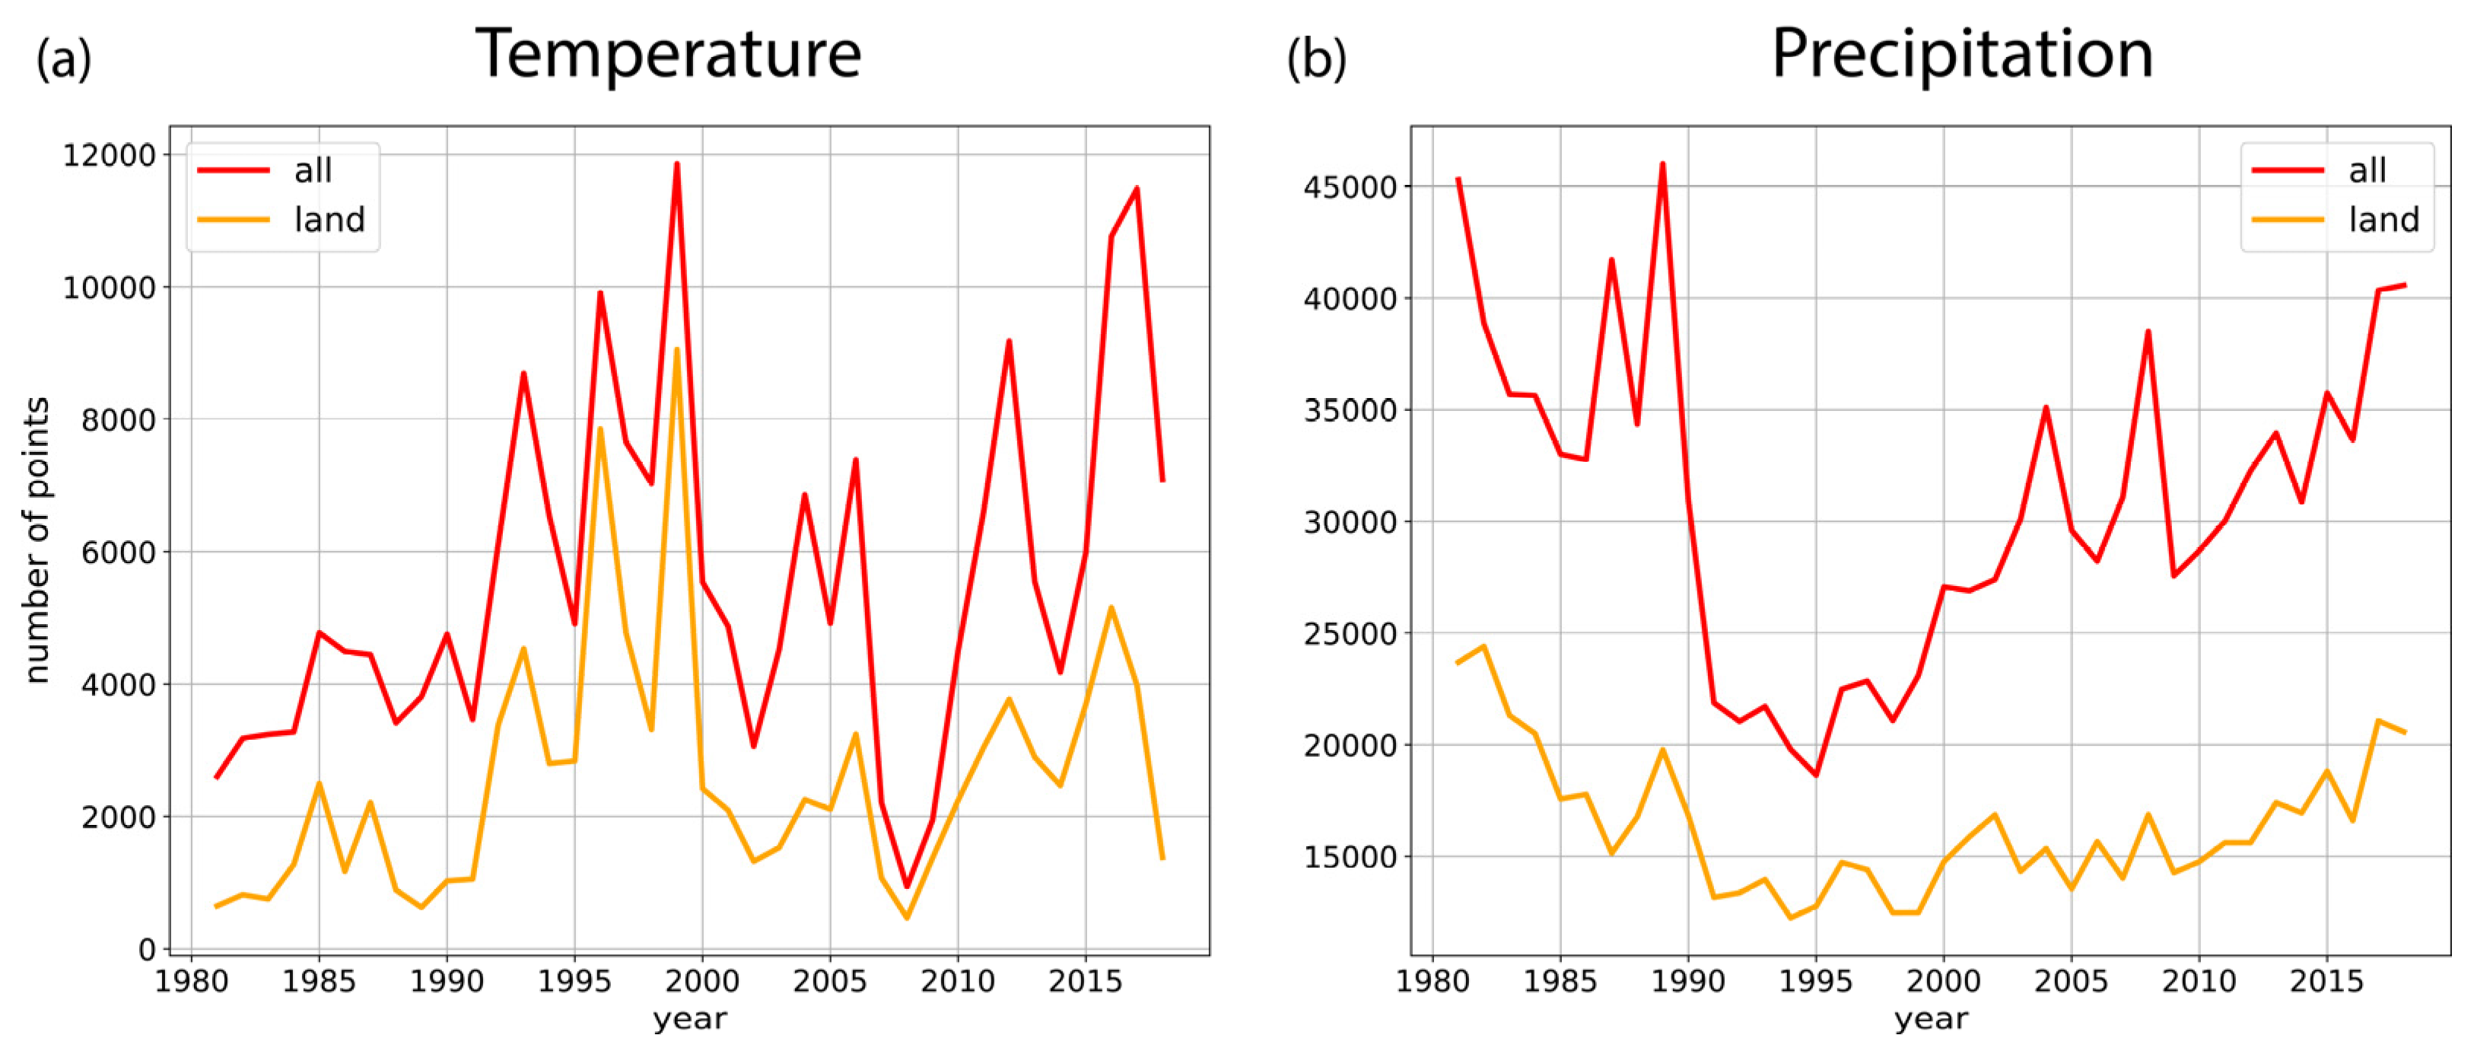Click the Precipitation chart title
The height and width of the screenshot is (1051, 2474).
point(1961,54)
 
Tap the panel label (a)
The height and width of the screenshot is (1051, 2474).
point(63,59)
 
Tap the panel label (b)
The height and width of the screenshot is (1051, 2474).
point(1316,59)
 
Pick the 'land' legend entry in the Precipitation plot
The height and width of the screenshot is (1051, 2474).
point(2383,220)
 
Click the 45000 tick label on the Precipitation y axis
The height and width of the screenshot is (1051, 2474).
point(1350,187)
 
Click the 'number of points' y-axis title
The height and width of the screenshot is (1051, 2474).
point(37,540)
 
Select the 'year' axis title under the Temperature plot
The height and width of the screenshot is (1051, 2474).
point(689,1019)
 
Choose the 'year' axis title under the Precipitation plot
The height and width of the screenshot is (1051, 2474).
point(1930,1019)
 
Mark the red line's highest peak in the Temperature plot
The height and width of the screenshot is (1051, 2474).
point(676,164)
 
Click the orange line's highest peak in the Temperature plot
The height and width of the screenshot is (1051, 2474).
point(676,349)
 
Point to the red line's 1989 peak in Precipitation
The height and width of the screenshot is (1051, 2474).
point(1662,164)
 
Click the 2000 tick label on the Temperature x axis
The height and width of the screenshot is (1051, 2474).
point(702,982)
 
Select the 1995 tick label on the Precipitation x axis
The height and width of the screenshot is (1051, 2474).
point(1815,982)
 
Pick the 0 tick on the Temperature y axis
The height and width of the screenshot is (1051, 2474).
point(147,949)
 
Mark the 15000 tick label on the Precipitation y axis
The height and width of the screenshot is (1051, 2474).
point(1350,857)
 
